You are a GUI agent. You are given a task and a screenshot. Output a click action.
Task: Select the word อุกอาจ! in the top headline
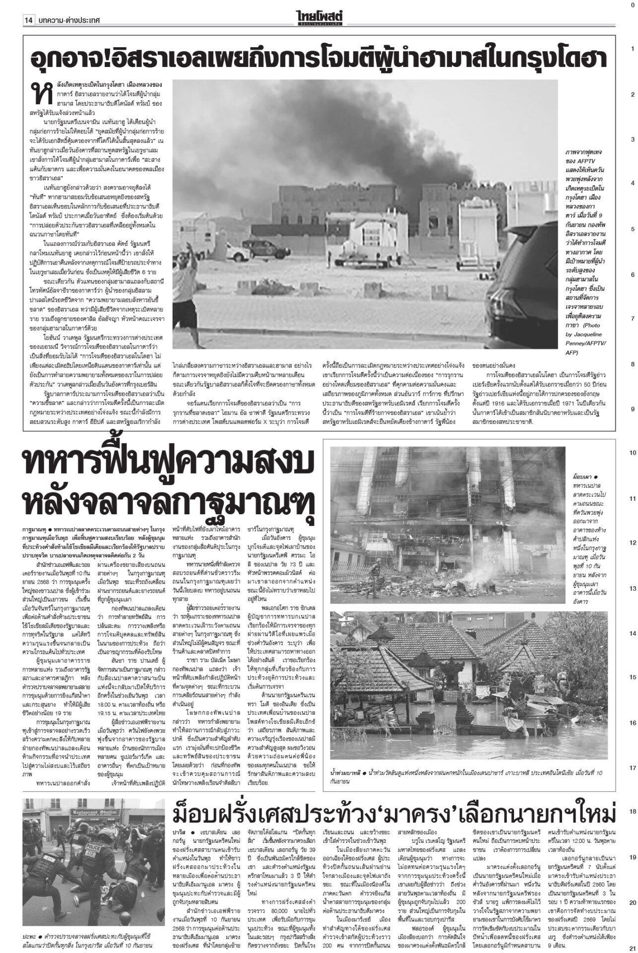73,59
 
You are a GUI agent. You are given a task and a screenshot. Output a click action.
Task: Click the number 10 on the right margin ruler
633,453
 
